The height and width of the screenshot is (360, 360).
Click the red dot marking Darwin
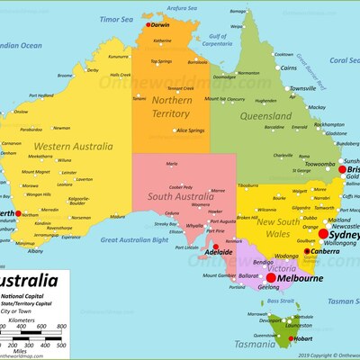[148, 25]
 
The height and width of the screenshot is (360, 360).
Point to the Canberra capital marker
[307, 251]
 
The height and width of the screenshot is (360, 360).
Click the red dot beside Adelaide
[215, 247]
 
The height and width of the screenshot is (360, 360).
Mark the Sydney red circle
[323, 233]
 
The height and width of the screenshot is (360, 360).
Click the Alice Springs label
[190, 130]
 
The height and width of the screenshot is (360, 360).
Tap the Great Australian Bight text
[135, 240]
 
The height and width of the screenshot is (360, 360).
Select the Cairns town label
[287, 67]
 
